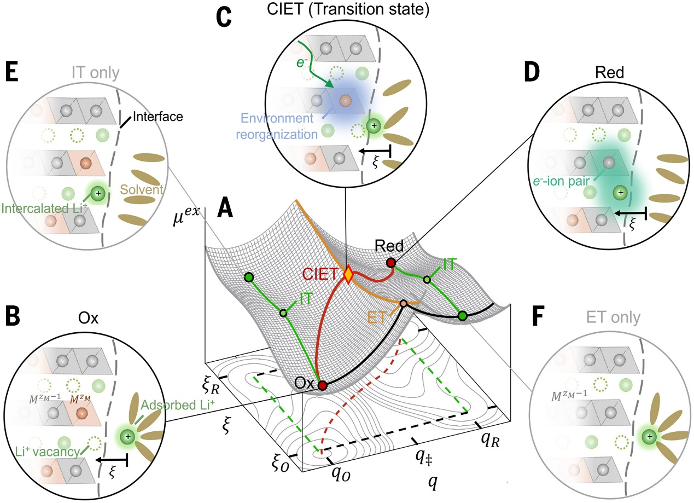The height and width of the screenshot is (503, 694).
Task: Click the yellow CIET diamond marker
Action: coord(348,274)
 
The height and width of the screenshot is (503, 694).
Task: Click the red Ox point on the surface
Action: coord(323,386)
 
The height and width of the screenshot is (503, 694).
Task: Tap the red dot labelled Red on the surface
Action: coord(391,263)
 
